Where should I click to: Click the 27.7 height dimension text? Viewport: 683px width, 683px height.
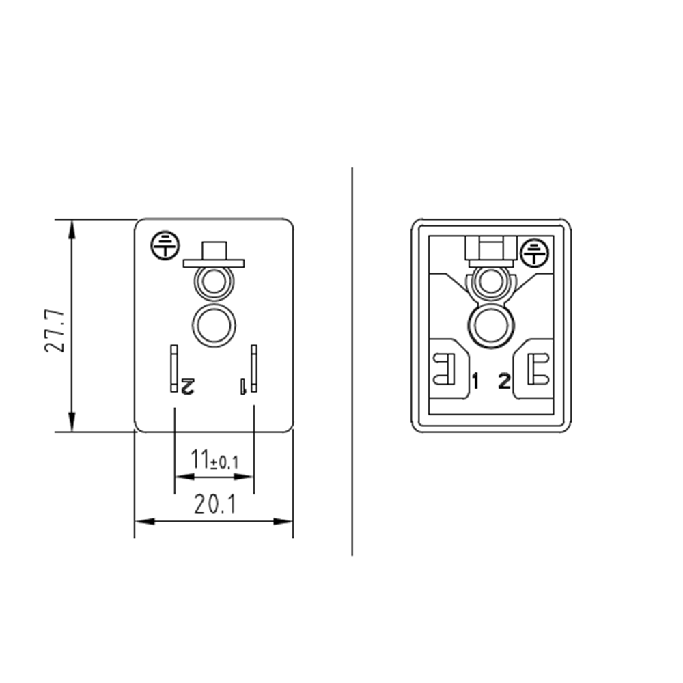[55, 330]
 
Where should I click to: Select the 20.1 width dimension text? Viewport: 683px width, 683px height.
[214, 505]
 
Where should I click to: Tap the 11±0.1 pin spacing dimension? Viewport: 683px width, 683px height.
[214, 460]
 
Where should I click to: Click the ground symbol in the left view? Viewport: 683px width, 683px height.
[163, 243]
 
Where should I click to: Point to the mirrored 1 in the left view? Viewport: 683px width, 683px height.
[242, 387]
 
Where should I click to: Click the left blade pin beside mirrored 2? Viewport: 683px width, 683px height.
[174, 369]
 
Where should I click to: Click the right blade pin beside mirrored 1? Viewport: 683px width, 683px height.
[254, 369]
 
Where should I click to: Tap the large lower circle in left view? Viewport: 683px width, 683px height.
[214, 324]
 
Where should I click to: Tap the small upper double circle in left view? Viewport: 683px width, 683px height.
[214, 282]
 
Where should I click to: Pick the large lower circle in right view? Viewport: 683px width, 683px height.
[489, 324]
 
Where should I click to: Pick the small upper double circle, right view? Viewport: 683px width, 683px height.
[489, 282]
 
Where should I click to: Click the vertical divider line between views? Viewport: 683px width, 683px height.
[352, 362]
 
